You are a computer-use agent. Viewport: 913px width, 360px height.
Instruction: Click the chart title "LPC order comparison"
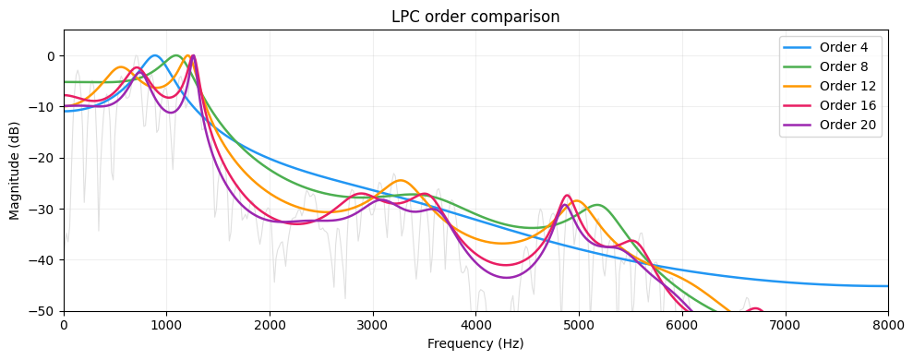point(475,17)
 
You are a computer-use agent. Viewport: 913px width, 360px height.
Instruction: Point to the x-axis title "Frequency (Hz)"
point(475,344)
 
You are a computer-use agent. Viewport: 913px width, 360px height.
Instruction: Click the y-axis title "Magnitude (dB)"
point(15,171)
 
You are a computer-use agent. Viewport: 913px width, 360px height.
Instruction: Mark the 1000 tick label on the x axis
point(166,325)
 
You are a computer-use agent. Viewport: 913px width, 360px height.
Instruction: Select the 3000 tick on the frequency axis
point(373,325)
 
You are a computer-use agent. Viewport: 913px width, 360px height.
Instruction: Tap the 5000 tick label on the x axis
point(579,325)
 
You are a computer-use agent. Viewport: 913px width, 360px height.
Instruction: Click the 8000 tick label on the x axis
point(887,325)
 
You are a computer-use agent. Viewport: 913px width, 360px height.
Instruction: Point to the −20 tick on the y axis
point(42,158)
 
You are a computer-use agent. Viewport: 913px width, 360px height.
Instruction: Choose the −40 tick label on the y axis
point(42,260)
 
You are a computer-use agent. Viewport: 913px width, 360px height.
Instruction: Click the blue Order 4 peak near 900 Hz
point(154,55)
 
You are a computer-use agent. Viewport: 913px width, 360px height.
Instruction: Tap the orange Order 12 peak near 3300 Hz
point(401,180)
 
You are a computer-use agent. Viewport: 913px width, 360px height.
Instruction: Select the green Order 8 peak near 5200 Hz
point(597,205)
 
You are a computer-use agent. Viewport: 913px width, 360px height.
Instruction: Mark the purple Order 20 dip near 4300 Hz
point(506,277)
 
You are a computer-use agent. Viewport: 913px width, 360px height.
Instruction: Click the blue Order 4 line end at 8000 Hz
point(887,286)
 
